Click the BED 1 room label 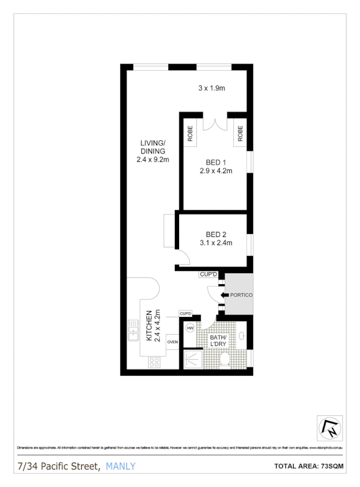216,162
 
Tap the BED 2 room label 216,235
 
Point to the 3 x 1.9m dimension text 212,88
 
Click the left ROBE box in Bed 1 190,134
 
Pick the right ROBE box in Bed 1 240,134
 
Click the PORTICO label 241,295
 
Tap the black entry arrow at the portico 224,295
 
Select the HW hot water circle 190,329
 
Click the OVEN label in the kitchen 172,341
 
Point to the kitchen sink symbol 133,331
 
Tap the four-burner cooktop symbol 154,362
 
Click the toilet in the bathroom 224,360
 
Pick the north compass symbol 330,427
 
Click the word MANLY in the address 121,466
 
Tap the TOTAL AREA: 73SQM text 308,467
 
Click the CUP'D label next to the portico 209,274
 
